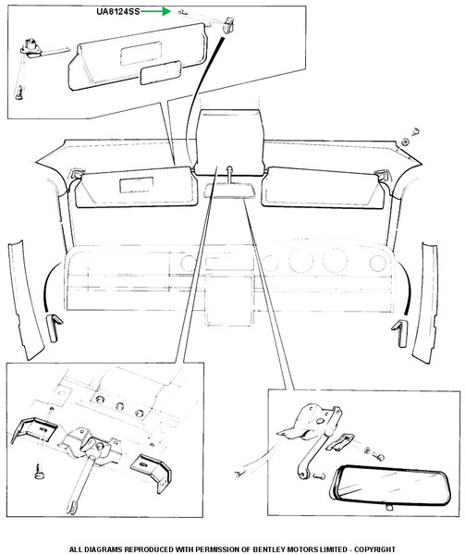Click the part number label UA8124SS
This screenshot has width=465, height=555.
[118, 11]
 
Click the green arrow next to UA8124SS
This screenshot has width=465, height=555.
[156, 12]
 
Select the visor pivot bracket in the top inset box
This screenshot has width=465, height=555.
[31, 48]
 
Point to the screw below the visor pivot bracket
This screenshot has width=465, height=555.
[19, 92]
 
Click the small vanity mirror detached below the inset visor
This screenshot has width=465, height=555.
[161, 72]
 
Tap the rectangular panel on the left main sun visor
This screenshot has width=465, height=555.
[137, 185]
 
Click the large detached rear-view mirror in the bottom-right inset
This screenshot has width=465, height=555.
[391, 485]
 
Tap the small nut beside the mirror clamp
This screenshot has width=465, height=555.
[367, 450]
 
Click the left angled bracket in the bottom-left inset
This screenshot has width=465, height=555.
[33, 429]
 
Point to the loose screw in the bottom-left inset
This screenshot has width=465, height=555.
[39, 472]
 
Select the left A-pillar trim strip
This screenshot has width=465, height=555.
[26, 299]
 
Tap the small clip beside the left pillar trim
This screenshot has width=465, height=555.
[53, 327]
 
